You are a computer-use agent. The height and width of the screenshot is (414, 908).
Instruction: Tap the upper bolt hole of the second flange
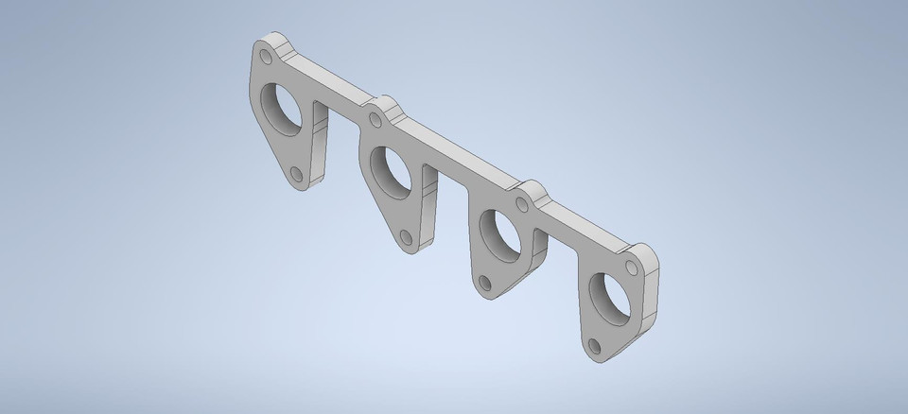point(375,119)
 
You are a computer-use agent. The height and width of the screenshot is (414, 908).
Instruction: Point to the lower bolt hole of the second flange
point(405,235)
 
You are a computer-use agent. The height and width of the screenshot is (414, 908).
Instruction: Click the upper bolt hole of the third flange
point(522,201)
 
